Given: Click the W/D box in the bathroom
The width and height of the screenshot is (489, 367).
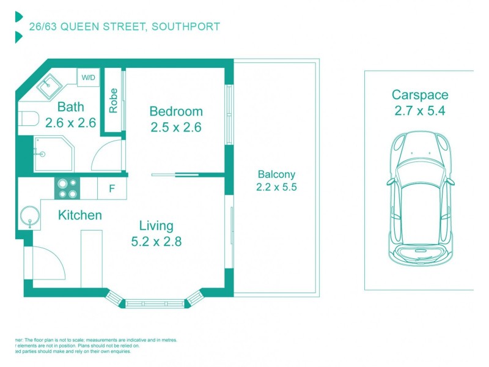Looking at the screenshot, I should (88, 78).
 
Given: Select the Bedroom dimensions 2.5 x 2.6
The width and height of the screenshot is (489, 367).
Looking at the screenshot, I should (176, 127).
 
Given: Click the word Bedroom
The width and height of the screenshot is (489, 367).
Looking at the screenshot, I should (176, 112).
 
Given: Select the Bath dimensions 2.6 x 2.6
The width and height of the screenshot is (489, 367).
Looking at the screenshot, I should (71, 123).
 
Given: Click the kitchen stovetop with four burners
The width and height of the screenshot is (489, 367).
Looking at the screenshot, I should (68, 188).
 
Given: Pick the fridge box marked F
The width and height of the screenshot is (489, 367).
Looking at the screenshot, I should (112, 188).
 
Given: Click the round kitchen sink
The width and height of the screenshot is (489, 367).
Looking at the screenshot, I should (29, 217).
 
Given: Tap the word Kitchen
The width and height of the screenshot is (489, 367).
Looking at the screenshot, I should (79, 215).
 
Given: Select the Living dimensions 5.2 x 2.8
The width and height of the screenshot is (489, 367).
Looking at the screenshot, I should (156, 241).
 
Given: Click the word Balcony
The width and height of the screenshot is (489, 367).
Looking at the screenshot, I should (276, 174).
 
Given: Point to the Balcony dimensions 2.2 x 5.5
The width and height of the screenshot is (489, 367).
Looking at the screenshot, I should (276, 188).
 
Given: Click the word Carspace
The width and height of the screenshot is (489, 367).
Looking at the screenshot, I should (420, 95).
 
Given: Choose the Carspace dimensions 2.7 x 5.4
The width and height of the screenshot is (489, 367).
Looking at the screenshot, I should (420, 111).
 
